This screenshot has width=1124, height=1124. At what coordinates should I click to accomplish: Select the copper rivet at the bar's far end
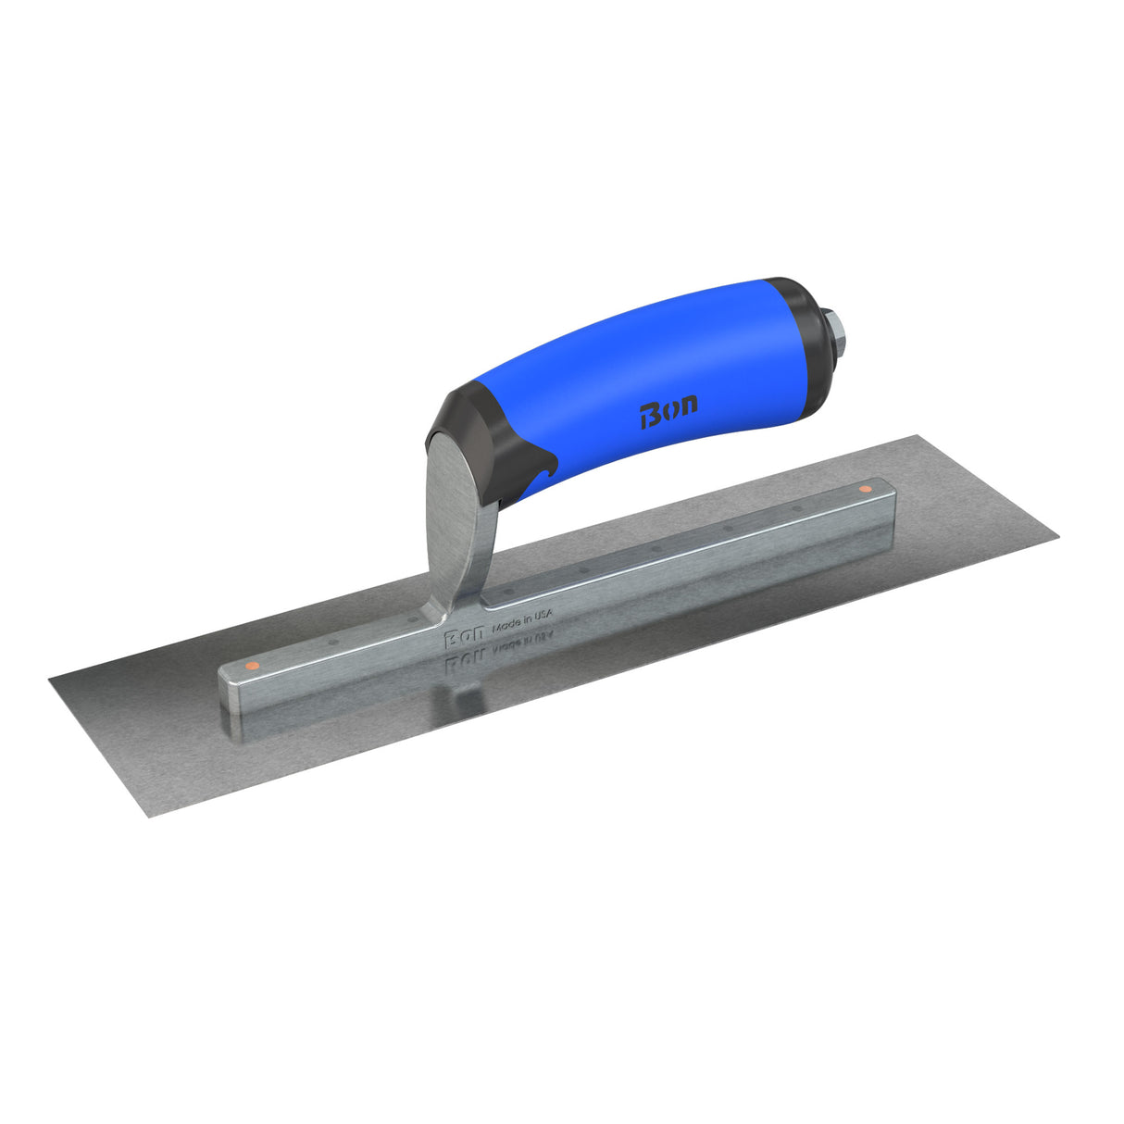(x=865, y=488)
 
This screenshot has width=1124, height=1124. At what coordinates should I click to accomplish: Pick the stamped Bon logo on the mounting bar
(x=463, y=638)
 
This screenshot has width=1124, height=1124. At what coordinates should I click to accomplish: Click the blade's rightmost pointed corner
(x=1056, y=534)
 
